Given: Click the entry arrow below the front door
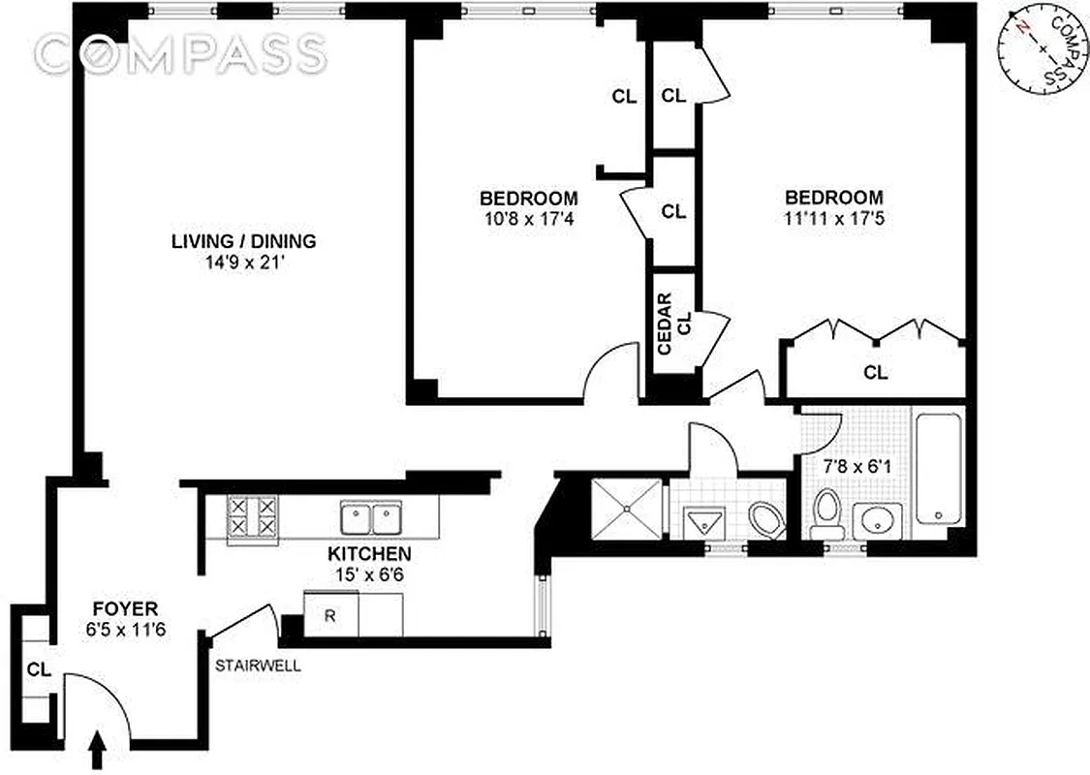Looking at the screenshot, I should pos(98,750).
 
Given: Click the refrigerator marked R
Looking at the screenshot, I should pos(329,615).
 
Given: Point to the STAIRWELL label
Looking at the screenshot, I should pos(259,666).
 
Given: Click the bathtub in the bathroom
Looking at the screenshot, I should pos(938,468).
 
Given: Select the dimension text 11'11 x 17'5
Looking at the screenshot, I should pos(833,219).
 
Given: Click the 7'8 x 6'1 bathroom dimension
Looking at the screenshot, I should pos(854,465).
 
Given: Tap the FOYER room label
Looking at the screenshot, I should pos(125,609).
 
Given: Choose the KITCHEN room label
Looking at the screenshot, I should pos(369,555).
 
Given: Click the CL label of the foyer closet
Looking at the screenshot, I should pos(39,668).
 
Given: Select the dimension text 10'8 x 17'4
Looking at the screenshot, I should pos(533,219).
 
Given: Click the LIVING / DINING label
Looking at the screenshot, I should pos(244,241).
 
